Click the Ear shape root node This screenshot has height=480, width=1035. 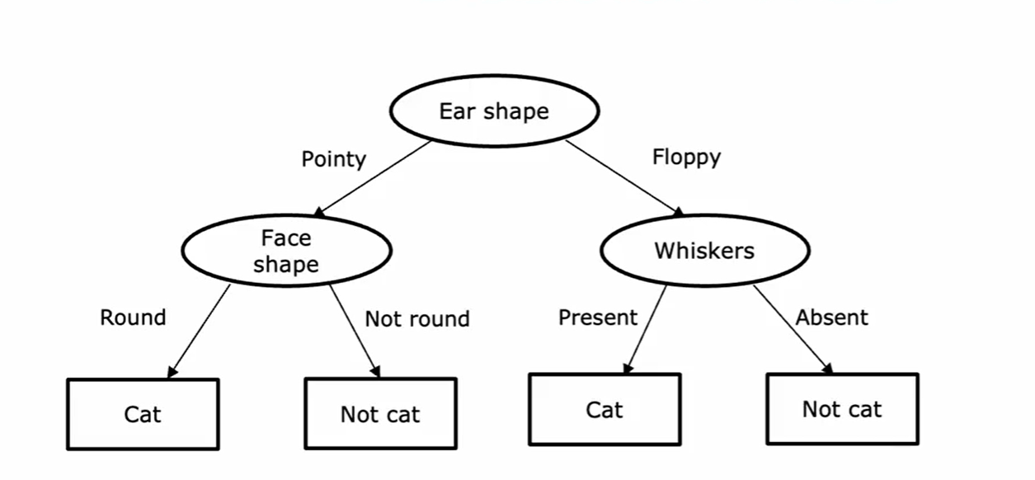(493, 111)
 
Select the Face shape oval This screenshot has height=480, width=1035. (285, 251)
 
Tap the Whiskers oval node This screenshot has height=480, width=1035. (704, 251)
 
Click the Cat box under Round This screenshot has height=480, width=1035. (143, 413)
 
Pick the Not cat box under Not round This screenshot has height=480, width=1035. (380, 413)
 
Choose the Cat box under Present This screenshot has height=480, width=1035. (605, 409)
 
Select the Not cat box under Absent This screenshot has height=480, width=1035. (842, 409)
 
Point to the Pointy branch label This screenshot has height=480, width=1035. (333, 158)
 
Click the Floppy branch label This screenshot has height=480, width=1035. (686, 157)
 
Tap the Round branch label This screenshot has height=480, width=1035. (133, 318)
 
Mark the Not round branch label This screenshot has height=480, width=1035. (417, 319)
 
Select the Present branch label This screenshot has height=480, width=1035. (598, 318)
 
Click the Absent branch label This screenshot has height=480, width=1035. (831, 318)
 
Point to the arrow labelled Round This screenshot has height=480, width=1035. (200, 331)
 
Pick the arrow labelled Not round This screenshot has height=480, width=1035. (355, 330)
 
